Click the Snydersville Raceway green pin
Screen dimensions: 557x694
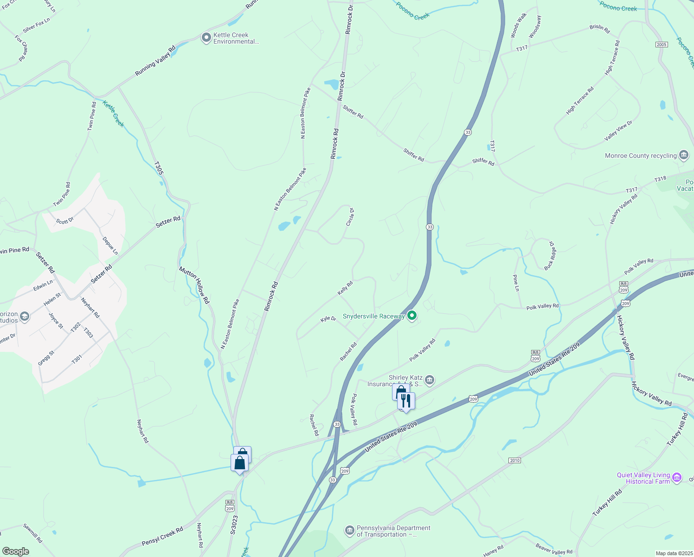[x=411, y=316]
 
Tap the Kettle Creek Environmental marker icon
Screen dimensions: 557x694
[x=206, y=38]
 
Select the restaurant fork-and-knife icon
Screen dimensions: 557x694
[x=406, y=400]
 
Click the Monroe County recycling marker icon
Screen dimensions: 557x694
[x=683, y=155]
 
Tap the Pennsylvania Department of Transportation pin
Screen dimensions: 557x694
[x=349, y=530]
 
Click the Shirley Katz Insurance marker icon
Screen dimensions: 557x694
[x=430, y=380]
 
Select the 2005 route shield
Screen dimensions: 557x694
[x=662, y=45]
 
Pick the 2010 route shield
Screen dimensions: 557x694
[x=514, y=460]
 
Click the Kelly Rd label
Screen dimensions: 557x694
[x=345, y=288]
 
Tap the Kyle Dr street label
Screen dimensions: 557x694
[x=328, y=319]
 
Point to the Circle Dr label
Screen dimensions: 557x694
[x=350, y=217]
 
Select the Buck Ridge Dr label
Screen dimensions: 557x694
[x=550, y=255]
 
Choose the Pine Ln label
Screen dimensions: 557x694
[x=516, y=283]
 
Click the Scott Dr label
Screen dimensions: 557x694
[x=65, y=220]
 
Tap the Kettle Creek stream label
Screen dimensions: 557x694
[x=113, y=114]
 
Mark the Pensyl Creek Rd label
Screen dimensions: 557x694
[x=162, y=536]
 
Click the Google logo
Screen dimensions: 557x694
[x=15, y=551]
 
